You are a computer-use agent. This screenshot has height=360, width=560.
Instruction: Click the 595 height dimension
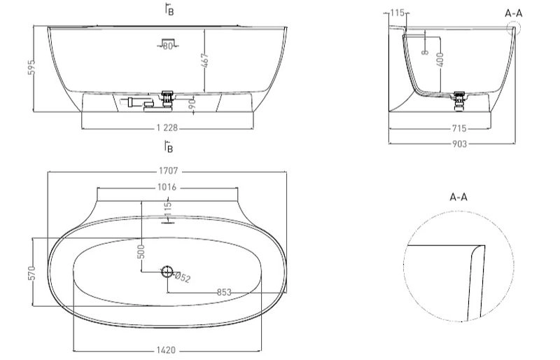click(x=31, y=67)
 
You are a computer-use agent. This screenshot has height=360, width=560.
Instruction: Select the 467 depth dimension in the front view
click(x=204, y=60)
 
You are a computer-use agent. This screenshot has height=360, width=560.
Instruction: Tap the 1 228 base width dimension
click(x=167, y=127)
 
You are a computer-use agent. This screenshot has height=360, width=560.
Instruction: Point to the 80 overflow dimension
click(x=168, y=46)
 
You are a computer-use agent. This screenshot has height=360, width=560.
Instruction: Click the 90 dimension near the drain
click(x=192, y=104)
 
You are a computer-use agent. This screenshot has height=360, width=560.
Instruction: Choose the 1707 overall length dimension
click(x=168, y=171)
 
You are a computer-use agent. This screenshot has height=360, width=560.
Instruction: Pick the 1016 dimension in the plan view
click(x=167, y=187)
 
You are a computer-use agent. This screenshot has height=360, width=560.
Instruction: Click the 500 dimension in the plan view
click(x=141, y=251)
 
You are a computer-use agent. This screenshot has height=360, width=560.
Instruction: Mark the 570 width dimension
click(x=31, y=273)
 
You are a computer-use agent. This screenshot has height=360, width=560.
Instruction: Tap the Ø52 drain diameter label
click(x=182, y=277)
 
